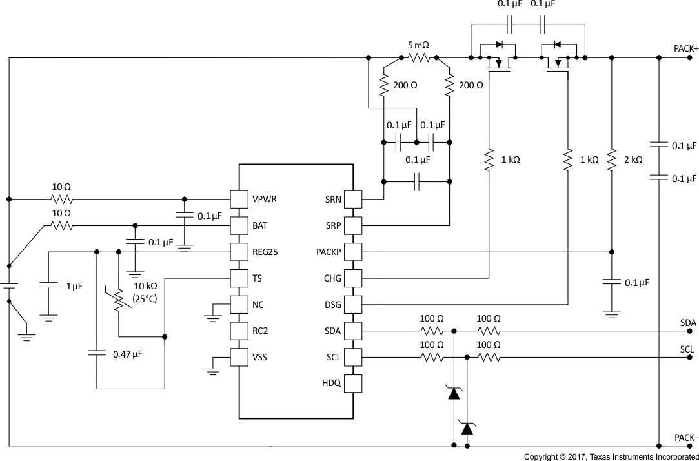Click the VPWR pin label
(x=265, y=199)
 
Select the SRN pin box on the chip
(x=352, y=199)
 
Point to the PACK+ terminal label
(x=685, y=49)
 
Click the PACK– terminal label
(x=685, y=438)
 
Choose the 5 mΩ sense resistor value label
(x=418, y=46)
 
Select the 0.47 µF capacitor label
(x=127, y=354)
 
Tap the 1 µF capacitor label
(x=74, y=286)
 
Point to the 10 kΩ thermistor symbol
(x=119, y=300)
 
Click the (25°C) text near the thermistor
(x=144, y=300)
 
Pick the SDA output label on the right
(x=688, y=323)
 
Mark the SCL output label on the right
(x=688, y=349)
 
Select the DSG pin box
(x=352, y=304)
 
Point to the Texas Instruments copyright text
(x=611, y=456)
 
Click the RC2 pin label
(x=259, y=331)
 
